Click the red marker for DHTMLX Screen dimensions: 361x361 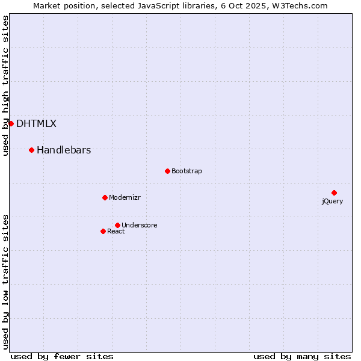pyautogui.click(x=11, y=123)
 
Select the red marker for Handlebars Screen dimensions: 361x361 pyautogui.click(x=31, y=150)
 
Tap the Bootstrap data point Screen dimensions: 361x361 pyautogui.click(x=167, y=171)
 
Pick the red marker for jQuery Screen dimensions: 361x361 pyautogui.click(x=334, y=193)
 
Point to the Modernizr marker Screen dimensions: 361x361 pyautogui.click(x=105, y=197)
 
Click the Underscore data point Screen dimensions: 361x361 pyautogui.click(x=117, y=225)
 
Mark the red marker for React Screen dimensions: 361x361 pyautogui.click(x=103, y=231)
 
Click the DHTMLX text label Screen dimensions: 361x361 pyautogui.click(x=36, y=124)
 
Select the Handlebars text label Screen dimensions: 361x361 pyautogui.click(x=64, y=150)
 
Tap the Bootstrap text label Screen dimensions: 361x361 pyautogui.click(x=187, y=171)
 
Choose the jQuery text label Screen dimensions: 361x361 pyautogui.click(x=332, y=202)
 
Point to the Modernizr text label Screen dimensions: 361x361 pyautogui.click(x=125, y=198)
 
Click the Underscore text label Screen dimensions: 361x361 pyautogui.click(x=140, y=226)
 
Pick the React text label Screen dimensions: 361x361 pyautogui.click(x=116, y=232)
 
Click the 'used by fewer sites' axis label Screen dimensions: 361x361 pyautogui.click(x=62, y=356)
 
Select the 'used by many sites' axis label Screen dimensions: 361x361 pyautogui.click(x=302, y=356)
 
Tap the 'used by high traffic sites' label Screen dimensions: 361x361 pyautogui.click(x=6, y=85)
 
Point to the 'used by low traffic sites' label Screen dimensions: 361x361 pyautogui.click(x=6, y=282)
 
